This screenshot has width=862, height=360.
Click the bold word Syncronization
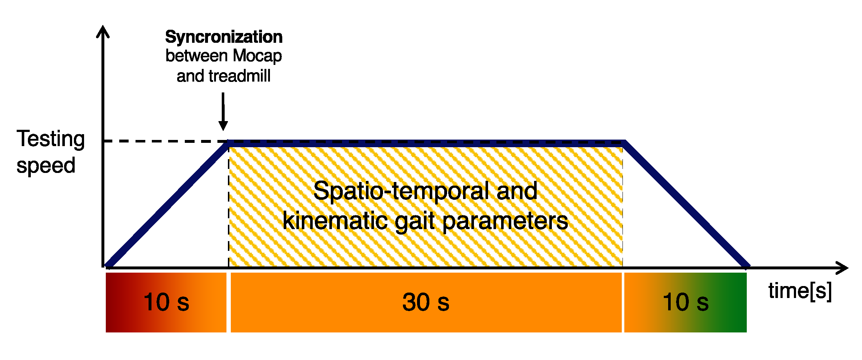224,37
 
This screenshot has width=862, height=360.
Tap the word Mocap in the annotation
257,56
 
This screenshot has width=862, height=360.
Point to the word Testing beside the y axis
51,139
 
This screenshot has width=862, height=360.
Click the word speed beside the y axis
46,166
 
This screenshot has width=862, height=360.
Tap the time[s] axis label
800,291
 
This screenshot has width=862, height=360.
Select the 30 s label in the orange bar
426,302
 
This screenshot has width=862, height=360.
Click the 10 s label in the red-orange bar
166,302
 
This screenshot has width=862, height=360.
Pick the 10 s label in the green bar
686,302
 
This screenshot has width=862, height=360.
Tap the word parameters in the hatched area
505,221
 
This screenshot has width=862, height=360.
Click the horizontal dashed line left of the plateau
163,141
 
